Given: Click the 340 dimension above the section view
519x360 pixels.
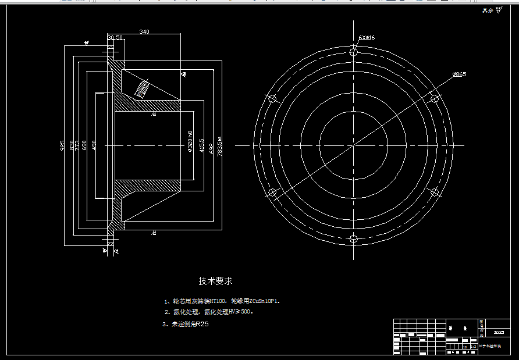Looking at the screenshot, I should pos(144,32).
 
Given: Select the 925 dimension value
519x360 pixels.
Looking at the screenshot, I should pos(63,145).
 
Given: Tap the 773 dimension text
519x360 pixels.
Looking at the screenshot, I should pos(77,145).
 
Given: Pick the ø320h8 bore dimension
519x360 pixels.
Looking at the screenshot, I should pos(190,142).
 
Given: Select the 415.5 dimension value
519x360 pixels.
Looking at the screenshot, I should pos(202,145).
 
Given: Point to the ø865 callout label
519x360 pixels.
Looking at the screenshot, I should pos(459,74).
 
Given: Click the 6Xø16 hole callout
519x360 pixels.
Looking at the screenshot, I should pos(367,38).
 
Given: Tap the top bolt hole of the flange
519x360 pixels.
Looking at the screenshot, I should pos(354,52).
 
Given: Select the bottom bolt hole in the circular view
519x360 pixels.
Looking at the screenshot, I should pos(354,238).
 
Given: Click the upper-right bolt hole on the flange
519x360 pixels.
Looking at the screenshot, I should pos(435,98).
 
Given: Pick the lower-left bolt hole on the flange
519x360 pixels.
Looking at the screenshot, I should pos(272,193).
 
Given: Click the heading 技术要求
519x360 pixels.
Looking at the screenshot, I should pos(215,281).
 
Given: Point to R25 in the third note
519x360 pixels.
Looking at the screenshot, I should pos(201,325).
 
